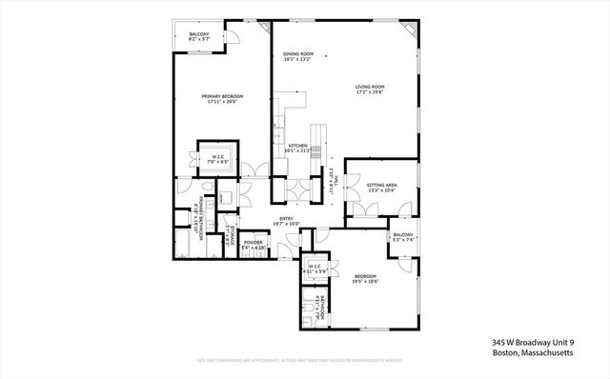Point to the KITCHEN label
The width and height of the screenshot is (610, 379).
[299, 145]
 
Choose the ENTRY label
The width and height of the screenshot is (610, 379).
[286, 218]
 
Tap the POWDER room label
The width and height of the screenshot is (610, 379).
[254, 242]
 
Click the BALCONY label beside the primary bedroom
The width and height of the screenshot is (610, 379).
[198, 35]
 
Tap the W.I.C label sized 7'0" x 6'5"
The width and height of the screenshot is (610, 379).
[218, 157]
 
